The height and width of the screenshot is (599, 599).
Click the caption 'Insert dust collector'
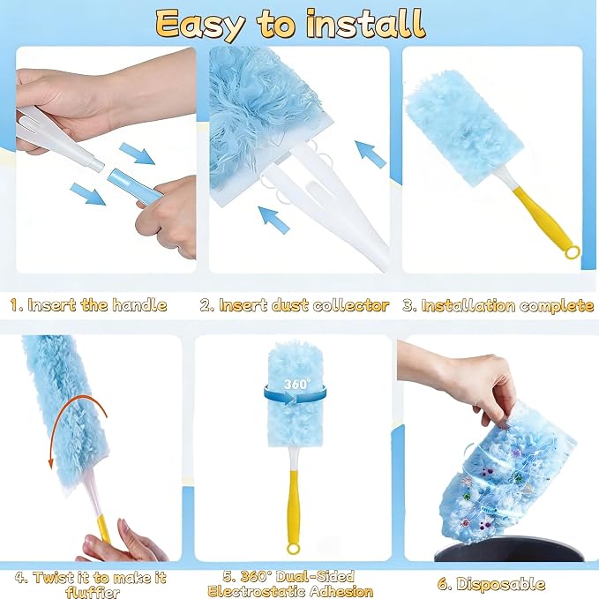click(x=303, y=305)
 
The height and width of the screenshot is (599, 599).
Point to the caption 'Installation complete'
click(x=508, y=305)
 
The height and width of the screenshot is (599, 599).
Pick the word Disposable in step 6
click(x=501, y=584)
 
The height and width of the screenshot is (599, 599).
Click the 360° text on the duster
click(x=297, y=384)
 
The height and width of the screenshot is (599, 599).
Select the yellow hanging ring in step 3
click(x=573, y=252)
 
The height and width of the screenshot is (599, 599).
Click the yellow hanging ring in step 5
click(x=293, y=549)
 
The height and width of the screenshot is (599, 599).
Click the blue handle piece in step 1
click(x=135, y=185)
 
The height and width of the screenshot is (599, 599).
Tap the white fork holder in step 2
click(x=325, y=198)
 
